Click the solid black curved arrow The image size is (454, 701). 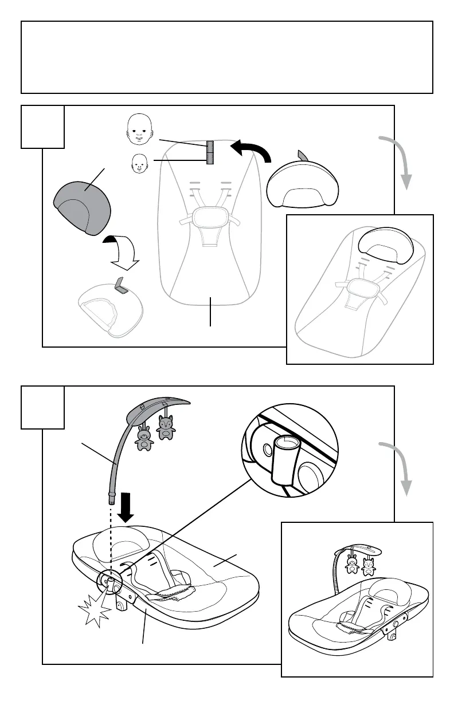[x=251, y=151]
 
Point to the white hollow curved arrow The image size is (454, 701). [x=121, y=253]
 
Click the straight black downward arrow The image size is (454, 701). [x=125, y=506]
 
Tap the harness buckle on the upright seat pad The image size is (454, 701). [x=208, y=219]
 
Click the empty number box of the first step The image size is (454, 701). [x=43, y=127]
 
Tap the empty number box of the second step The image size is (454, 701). [x=43, y=407]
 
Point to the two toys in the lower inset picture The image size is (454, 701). [x=360, y=565]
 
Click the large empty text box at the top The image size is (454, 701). [x=227, y=57]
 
